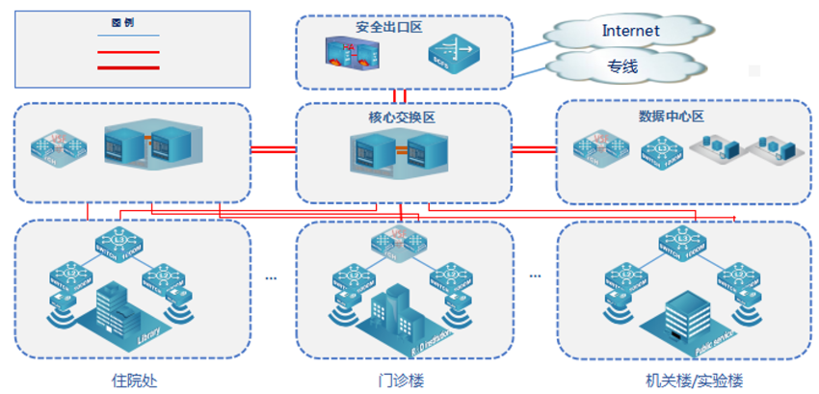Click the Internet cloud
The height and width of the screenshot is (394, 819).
tap(630, 31)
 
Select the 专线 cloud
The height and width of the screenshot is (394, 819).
tap(621, 66)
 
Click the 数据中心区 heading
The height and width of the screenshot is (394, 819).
tap(672, 117)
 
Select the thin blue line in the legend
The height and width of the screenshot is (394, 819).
tap(128, 36)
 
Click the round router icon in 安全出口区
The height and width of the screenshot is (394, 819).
tap(451, 54)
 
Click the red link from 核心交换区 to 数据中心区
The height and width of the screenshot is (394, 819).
tap(534, 149)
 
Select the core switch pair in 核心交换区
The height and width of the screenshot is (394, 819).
tap(403, 154)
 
